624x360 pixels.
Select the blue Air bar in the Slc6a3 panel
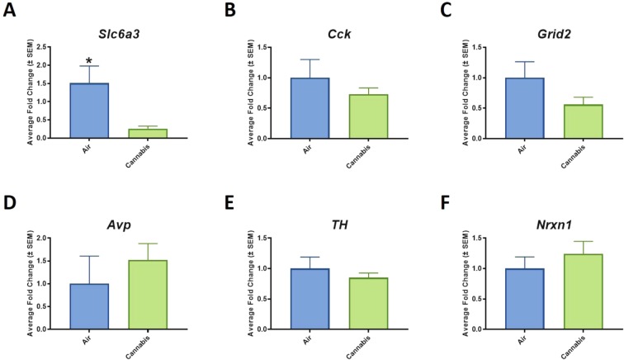90,111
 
